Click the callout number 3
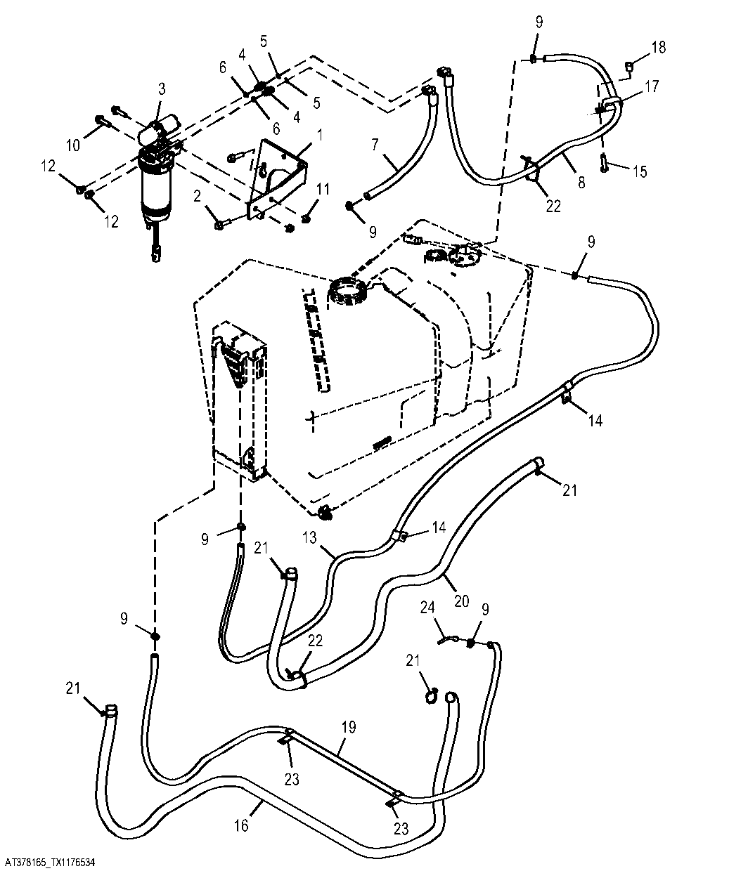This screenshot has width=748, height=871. tap(162, 89)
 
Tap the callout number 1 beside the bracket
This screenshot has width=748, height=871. tap(320, 136)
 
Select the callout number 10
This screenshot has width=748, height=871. tap(73, 145)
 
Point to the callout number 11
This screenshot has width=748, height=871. tap(323, 189)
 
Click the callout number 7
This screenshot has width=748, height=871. tap(375, 145)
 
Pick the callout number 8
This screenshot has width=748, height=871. tap(581, 182)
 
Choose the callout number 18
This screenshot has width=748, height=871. tap(659, 48)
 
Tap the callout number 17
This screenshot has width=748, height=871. tap(652, 86)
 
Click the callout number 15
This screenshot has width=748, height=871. tap(640, 171)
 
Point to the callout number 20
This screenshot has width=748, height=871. tap(462, 601)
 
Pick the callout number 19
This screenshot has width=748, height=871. tap(349, 727)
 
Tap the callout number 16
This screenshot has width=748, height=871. tap(242, 825)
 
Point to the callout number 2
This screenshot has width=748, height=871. tap(197, 197)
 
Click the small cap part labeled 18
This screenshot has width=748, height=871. tap(629, 66)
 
